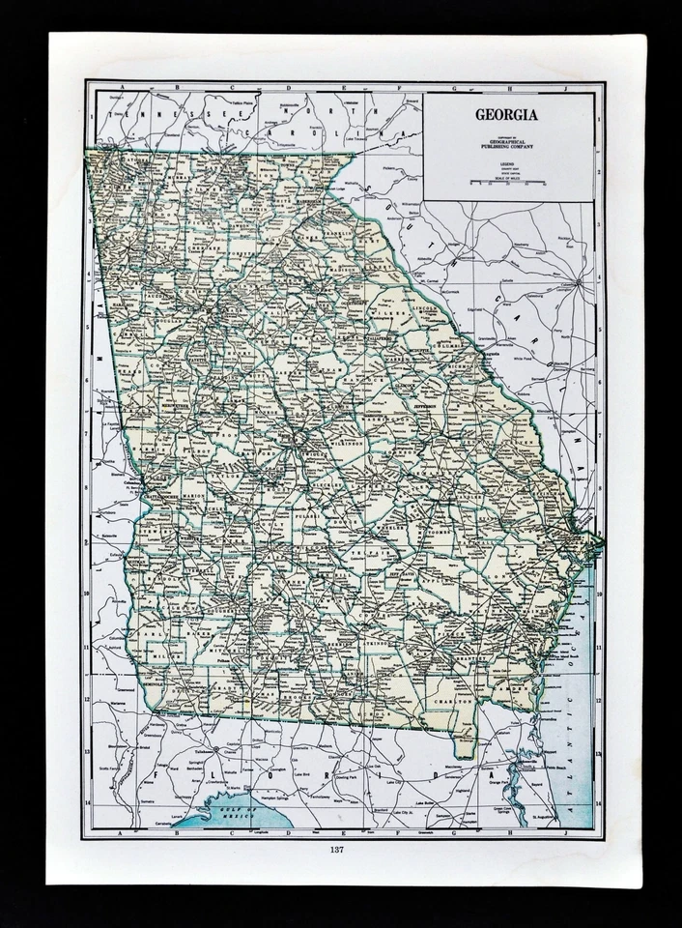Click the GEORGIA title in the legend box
pyautogui.click(x=506, y=114)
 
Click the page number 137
pyautogui.click(x=336, y=850)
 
